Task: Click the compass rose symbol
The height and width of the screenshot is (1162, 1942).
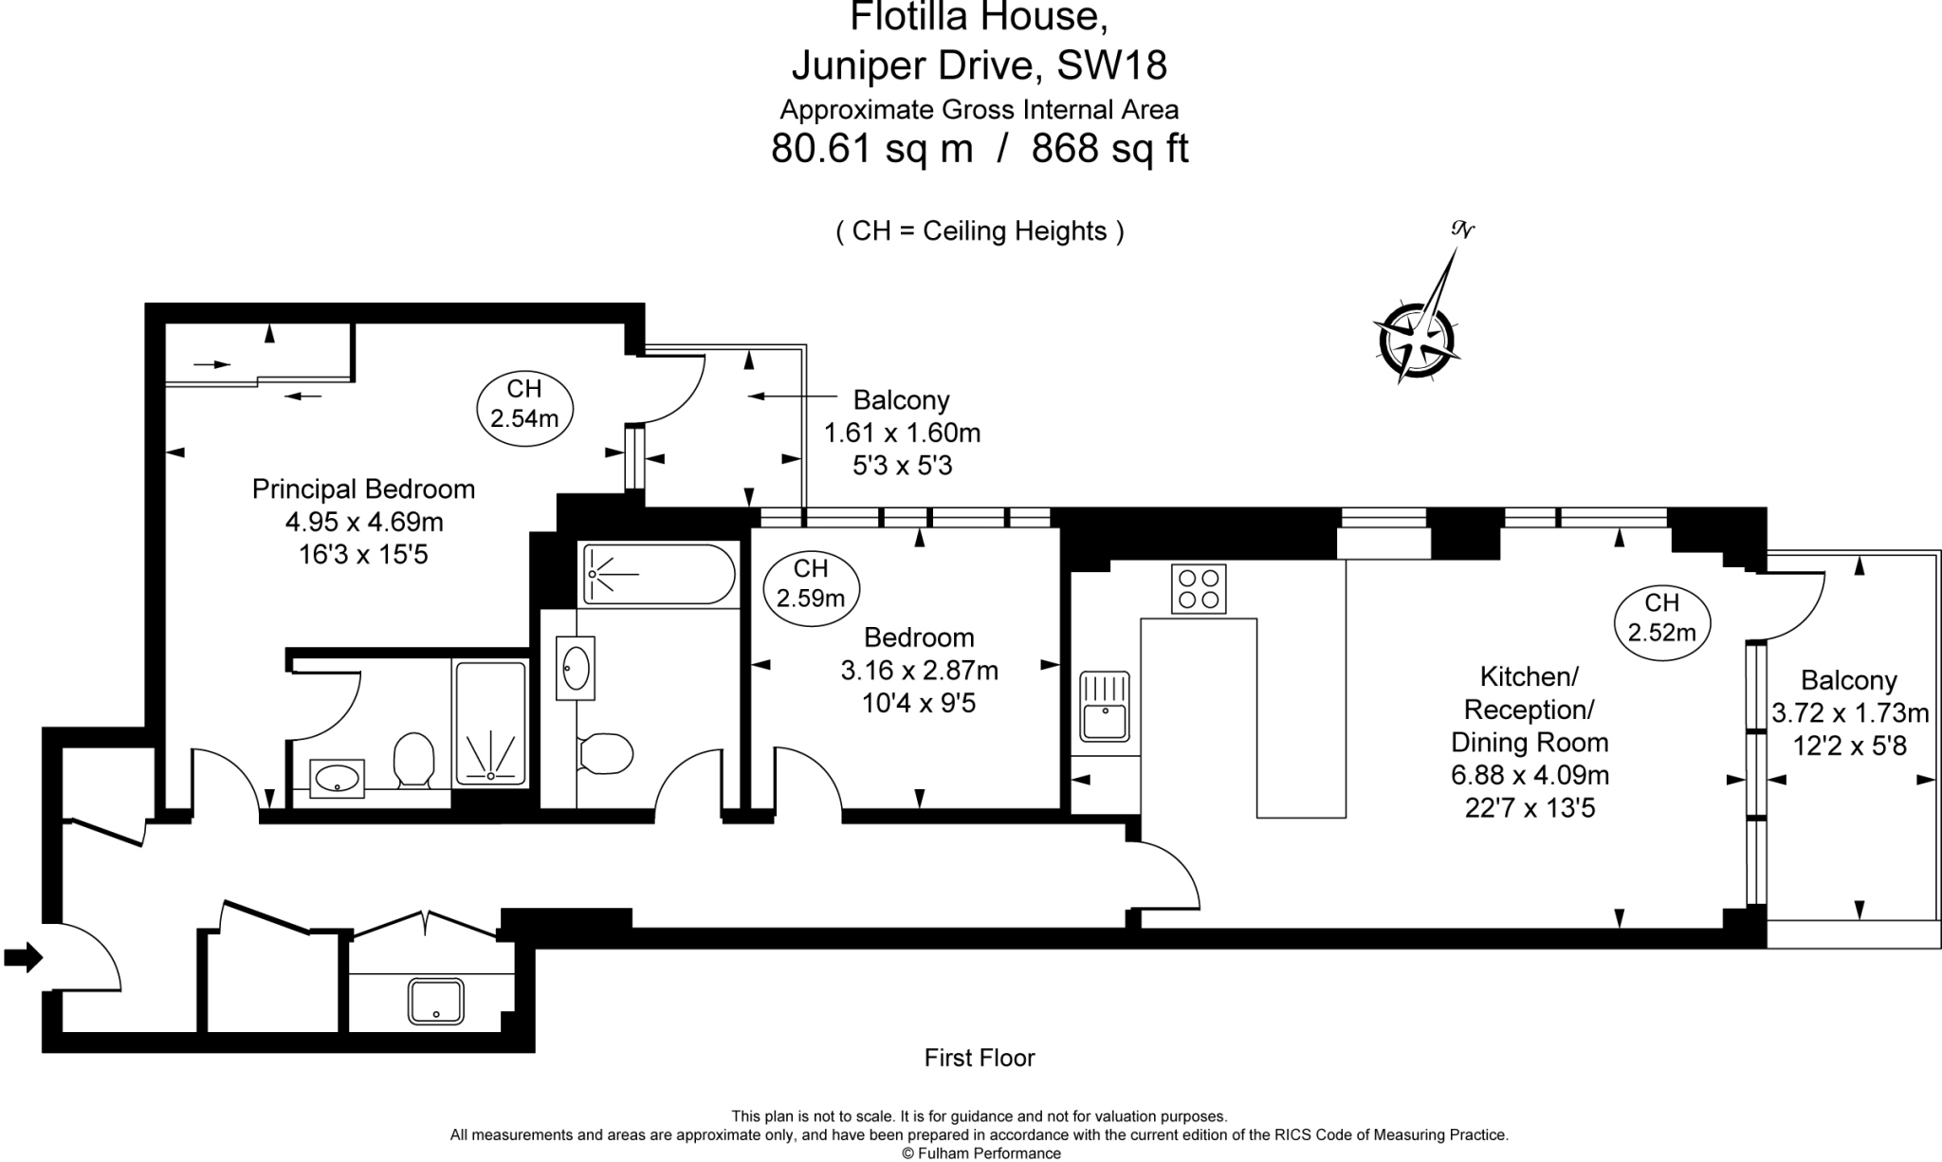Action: point(1417,337)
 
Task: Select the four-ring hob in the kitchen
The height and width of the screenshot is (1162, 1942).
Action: point(1199,588)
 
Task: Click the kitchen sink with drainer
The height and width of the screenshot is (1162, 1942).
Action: point(1105,706)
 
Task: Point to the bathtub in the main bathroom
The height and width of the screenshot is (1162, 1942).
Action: point(659,573)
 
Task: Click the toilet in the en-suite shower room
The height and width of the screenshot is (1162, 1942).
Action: point(413,758)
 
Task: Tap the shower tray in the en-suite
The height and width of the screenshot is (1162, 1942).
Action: point(491,723)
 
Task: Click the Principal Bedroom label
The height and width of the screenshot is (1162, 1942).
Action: point(364,489)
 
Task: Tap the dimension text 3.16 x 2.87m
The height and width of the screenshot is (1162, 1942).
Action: point(919,671)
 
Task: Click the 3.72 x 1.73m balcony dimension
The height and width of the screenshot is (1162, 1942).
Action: point(1850,713)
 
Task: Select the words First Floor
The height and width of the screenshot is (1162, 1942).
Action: point(980,1058)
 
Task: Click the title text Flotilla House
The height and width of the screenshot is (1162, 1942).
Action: point(979,18)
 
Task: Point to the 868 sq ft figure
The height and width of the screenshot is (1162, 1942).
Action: point(1109,149)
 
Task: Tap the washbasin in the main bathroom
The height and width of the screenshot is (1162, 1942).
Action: point(576,668)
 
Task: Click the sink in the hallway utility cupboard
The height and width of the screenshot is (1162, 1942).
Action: point(436,1002)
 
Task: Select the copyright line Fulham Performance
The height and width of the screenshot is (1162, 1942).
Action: point(980,1153)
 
